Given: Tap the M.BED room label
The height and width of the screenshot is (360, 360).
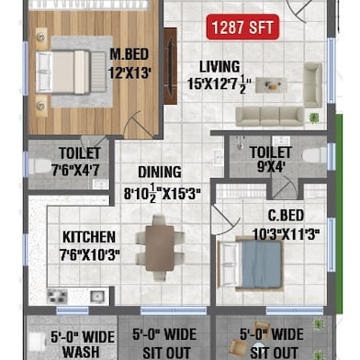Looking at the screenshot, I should tap(130, 54).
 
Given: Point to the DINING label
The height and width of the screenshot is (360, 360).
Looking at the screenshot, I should tap(160, 172).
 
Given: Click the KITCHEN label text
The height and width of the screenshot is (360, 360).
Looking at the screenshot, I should tap(88, 237).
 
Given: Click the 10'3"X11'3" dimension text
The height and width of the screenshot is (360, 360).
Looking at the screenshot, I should tap(287, 233).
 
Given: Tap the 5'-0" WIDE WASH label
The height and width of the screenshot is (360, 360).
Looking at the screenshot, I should tap(82, 343).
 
